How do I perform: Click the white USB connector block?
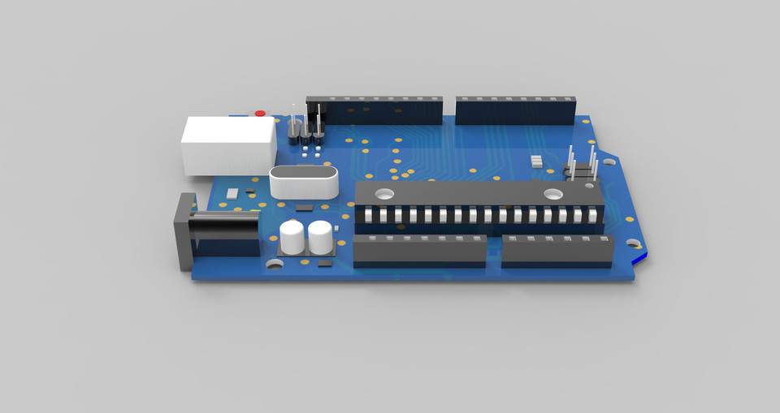click(228, 145)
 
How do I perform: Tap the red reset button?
click(260, 113)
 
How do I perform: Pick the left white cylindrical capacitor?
click(292, 237)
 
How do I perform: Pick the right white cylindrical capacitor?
click(320, 237)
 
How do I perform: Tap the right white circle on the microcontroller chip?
click(553, 195)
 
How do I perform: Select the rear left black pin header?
click(374, 110)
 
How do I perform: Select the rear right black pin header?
click(516, 110)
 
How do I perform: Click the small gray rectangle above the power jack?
click(233, 193)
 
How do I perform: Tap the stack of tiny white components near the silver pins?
click(536, 160)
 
